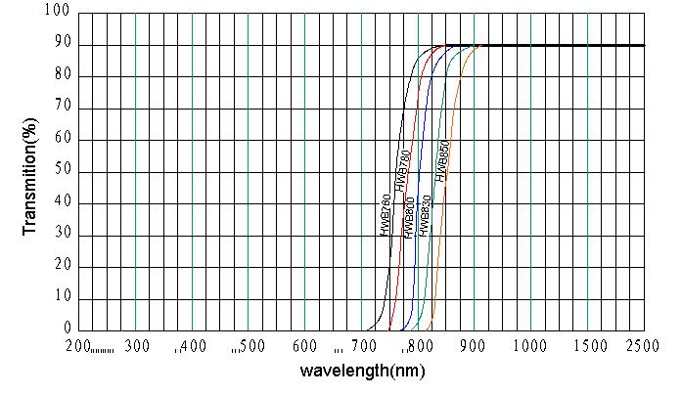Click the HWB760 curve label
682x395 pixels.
[386, 215]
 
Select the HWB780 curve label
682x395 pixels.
[401, 171]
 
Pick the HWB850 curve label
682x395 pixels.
[442, 160]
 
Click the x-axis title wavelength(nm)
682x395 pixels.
[362, 372]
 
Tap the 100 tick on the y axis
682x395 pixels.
[58, 12]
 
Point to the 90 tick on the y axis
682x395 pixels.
[62, 44]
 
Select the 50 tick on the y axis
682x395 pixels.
[62, 171]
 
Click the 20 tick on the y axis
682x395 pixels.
[62, 267]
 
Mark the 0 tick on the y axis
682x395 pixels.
[67, 329]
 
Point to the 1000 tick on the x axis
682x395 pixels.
[529, 345]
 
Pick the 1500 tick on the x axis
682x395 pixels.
[586, 345]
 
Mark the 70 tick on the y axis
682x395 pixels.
[62, 108]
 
